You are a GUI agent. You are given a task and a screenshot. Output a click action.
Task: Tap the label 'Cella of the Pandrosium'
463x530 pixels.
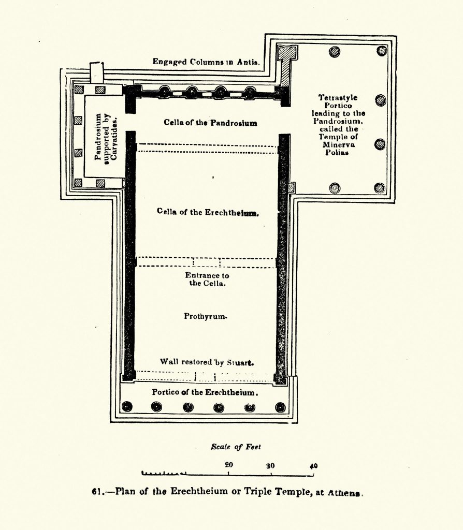point(210,123)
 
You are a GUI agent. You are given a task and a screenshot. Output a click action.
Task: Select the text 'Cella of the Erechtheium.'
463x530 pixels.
point(207,212)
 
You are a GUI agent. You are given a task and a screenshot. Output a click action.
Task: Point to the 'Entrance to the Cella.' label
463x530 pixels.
point(207,279)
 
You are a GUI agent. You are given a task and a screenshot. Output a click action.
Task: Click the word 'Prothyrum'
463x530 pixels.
point(206,316)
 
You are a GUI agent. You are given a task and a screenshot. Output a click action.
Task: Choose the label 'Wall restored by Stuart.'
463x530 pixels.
point(206,362)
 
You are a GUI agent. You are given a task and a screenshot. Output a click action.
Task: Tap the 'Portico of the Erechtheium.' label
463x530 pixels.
point(204,392)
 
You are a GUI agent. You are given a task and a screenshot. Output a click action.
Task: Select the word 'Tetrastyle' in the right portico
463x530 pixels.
point(338,97)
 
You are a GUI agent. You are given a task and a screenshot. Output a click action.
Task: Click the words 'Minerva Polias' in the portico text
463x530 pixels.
point(337,149)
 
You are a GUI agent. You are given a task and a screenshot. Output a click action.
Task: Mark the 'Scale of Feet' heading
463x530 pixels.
point(236,447)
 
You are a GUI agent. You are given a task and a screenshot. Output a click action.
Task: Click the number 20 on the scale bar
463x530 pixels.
point(228,465)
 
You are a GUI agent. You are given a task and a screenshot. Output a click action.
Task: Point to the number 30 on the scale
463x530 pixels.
point(270,465)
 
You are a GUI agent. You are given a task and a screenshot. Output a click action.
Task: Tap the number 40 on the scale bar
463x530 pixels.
point(313,465)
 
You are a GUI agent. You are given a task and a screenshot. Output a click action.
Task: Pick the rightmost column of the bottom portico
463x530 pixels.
point(280,407)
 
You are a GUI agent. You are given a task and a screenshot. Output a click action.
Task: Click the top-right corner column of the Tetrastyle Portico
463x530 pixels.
point(382,51)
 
